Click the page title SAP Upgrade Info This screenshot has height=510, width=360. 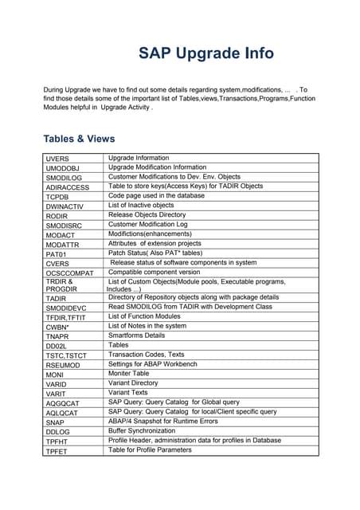tap(206, 53)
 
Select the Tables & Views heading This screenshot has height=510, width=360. tap(79, 139)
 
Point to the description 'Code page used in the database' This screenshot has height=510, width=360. tap(156, 195)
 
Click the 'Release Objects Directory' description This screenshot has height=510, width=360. tap(147, 215)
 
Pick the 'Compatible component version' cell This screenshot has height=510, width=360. tap(154, 272)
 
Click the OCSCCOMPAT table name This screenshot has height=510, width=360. tap(70, 273)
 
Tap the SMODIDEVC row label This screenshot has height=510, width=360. tap(65, 308)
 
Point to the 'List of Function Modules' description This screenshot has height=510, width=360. tap(144, 316)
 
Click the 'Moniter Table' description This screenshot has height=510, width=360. tap(128, 374)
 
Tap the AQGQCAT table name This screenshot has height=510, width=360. tap(63, 403)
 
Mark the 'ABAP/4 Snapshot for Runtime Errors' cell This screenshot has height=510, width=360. tap(162, 421)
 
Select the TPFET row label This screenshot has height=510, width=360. tap(57, 451)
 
